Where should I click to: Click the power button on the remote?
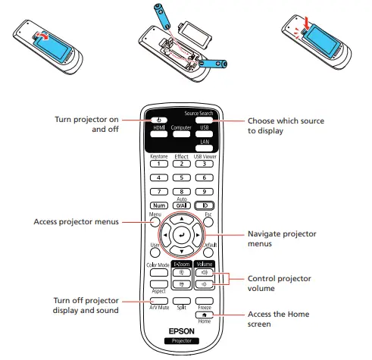tap(160, 120)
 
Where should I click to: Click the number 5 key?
tap(182, 177)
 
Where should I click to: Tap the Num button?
tap(160, 205)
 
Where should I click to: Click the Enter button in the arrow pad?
tap(182, 236)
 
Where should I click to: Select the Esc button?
tap(205, 223)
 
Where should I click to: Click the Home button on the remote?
tap(204, 313)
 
